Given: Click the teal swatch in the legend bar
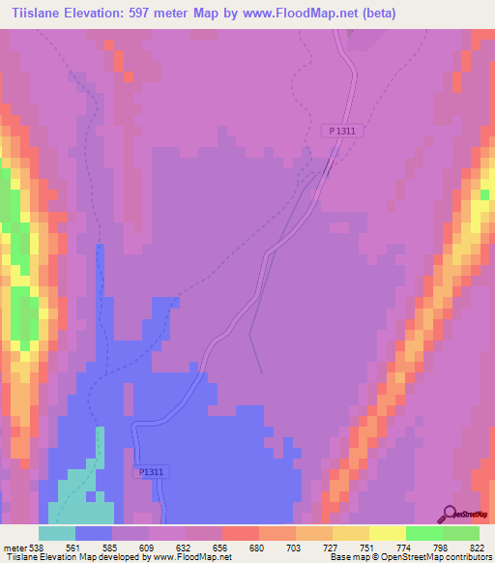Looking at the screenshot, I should tap(57, 533).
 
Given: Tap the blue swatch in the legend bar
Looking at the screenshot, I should tap(94, 533).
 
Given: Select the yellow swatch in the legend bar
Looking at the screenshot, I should tap(387, 533).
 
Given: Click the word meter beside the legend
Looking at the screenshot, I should tap(14, 548).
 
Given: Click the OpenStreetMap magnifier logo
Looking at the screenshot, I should tap(450, 514).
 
